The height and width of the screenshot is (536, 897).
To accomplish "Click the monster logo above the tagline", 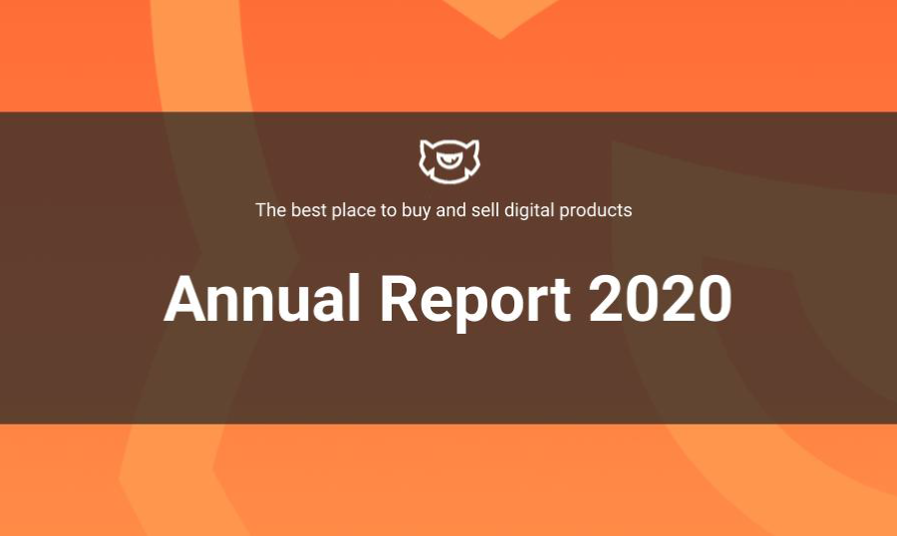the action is pos(449,161).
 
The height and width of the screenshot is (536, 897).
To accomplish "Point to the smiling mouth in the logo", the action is pos(449,161).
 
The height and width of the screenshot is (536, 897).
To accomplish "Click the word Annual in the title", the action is pos(262,299).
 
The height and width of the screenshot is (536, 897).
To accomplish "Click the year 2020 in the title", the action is pos(660,299).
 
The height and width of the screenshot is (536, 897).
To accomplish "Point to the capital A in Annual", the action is pos(184,299).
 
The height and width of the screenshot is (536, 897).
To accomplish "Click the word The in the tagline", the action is pos(270,210).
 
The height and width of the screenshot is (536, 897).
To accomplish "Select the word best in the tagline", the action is pos(309,210).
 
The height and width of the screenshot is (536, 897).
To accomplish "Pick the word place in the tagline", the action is pos(354,211).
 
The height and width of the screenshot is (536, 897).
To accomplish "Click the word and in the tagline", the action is pos(450,210).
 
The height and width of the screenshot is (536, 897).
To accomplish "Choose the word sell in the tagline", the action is pos(484,210).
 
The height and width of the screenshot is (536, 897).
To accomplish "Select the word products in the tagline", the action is pos(596,211).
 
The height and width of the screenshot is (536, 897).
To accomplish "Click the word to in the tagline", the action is pos(389,210).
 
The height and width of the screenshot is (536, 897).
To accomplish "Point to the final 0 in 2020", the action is pos(715,299).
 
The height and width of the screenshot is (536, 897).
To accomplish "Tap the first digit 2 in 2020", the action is pos(606,299).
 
